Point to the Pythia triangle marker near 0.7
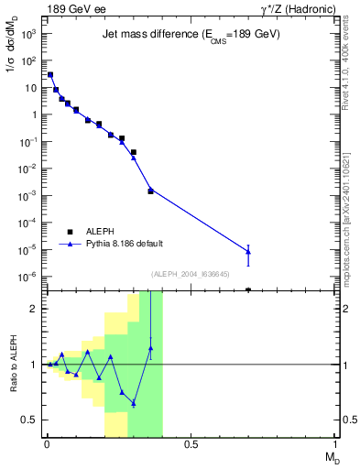248,251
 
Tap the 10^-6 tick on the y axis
28,277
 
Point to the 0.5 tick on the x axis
191,444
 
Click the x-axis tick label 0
47,444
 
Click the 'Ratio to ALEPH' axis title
13,365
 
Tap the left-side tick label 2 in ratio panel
32,309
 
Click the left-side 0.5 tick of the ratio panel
28,420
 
